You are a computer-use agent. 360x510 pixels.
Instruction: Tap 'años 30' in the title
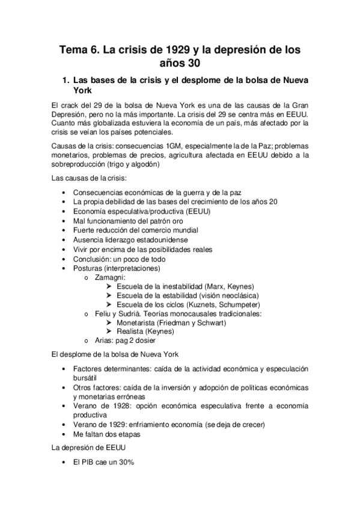180,63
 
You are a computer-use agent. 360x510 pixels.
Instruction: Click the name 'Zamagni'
110,277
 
